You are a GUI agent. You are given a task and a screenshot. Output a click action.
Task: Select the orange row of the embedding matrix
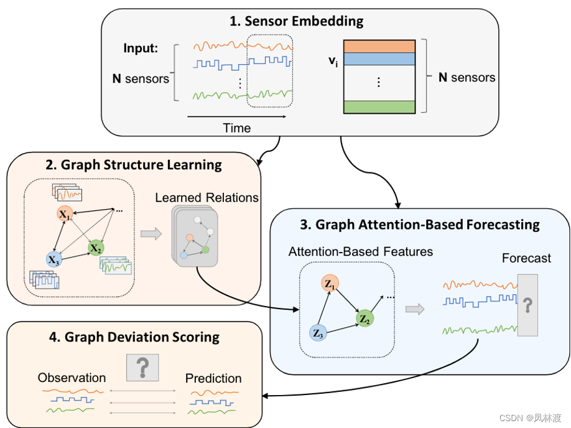point(379,46)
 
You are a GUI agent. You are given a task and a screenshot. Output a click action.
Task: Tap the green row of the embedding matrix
point(379,107)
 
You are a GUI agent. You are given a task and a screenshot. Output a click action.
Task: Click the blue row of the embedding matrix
point(379,58)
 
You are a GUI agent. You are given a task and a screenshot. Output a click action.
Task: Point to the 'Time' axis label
point(237,128)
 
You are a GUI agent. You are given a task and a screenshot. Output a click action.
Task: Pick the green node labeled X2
point(95,248)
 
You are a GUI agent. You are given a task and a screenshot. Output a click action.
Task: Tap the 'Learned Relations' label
point(207,198)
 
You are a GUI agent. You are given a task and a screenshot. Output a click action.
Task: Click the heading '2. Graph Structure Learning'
point(134,165)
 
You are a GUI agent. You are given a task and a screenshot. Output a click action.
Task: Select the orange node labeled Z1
point(330,285)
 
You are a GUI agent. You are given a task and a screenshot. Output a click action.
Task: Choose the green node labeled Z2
point(364,319)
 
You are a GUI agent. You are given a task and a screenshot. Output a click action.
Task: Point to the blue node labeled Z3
point(318,333)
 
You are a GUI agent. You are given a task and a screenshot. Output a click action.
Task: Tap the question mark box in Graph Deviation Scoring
point(142,368)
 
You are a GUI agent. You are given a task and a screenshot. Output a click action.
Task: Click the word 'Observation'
point(72,378)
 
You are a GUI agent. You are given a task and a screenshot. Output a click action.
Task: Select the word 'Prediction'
point(213,378)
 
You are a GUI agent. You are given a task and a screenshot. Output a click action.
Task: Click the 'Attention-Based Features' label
point(361,252)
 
